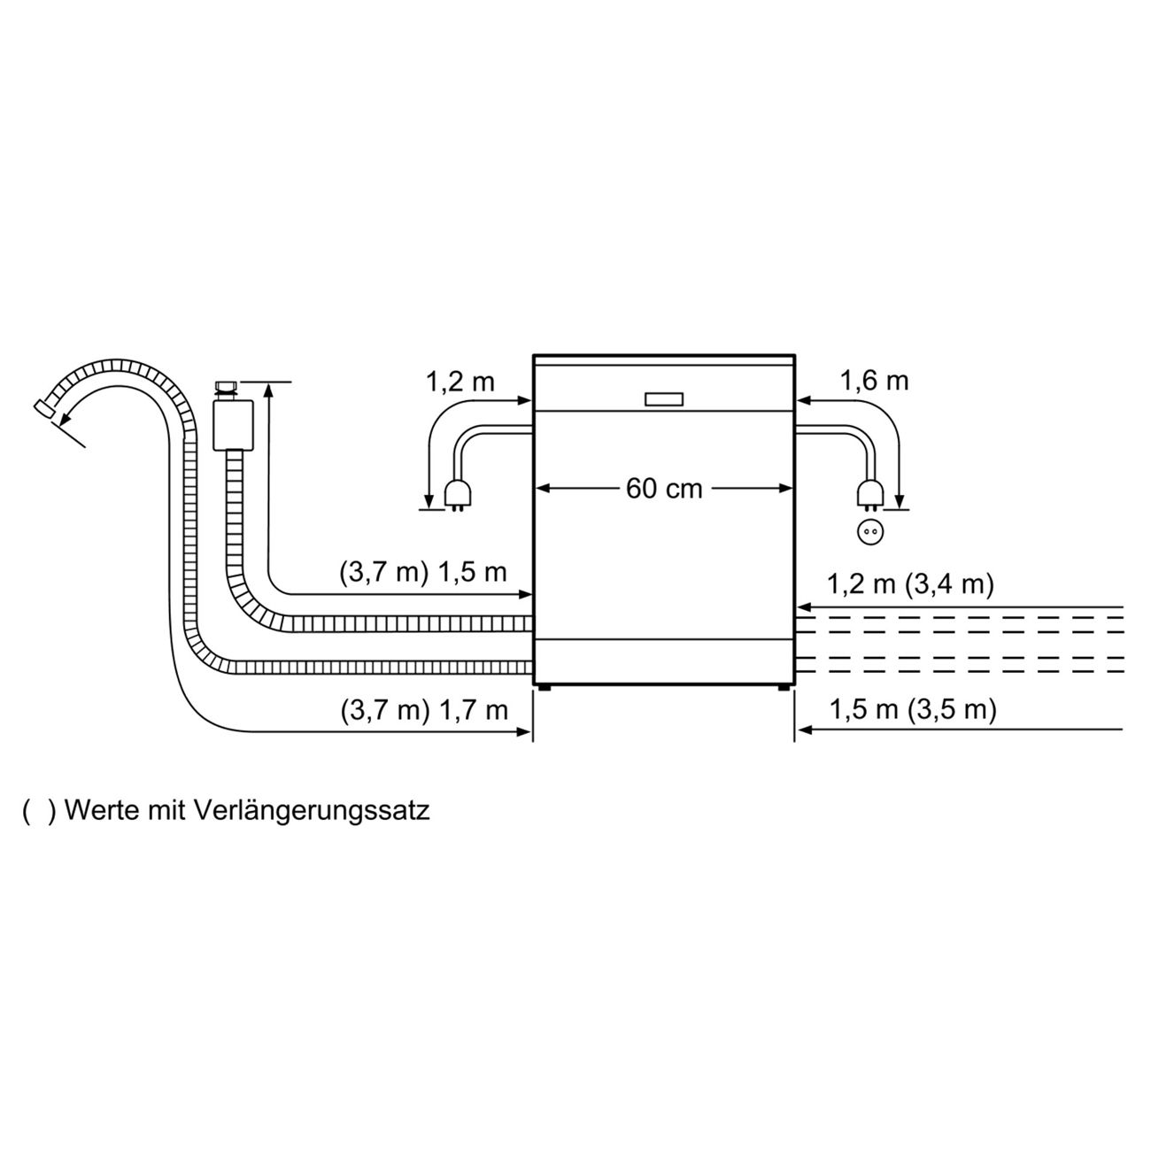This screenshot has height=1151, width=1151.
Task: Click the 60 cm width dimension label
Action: (664, 488)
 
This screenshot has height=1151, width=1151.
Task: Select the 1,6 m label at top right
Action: (874, 381)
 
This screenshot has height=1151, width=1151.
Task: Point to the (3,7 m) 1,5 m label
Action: (423, 571)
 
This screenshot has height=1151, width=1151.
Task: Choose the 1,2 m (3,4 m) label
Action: (910, 584)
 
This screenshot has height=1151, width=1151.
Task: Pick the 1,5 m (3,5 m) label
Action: (912, 709)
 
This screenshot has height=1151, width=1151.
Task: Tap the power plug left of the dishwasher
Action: (458, 496)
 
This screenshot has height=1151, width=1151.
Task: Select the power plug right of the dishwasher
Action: (869, 496)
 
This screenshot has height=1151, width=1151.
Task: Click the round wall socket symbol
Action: (869, 532)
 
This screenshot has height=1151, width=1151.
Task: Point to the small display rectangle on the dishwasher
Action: (664, 399)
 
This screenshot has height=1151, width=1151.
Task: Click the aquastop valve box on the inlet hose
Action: (233, 425)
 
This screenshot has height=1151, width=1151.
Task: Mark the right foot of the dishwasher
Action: (784, 687)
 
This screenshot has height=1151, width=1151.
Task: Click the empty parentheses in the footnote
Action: (39, 810)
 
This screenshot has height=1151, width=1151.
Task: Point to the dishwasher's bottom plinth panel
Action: (664, 660)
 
